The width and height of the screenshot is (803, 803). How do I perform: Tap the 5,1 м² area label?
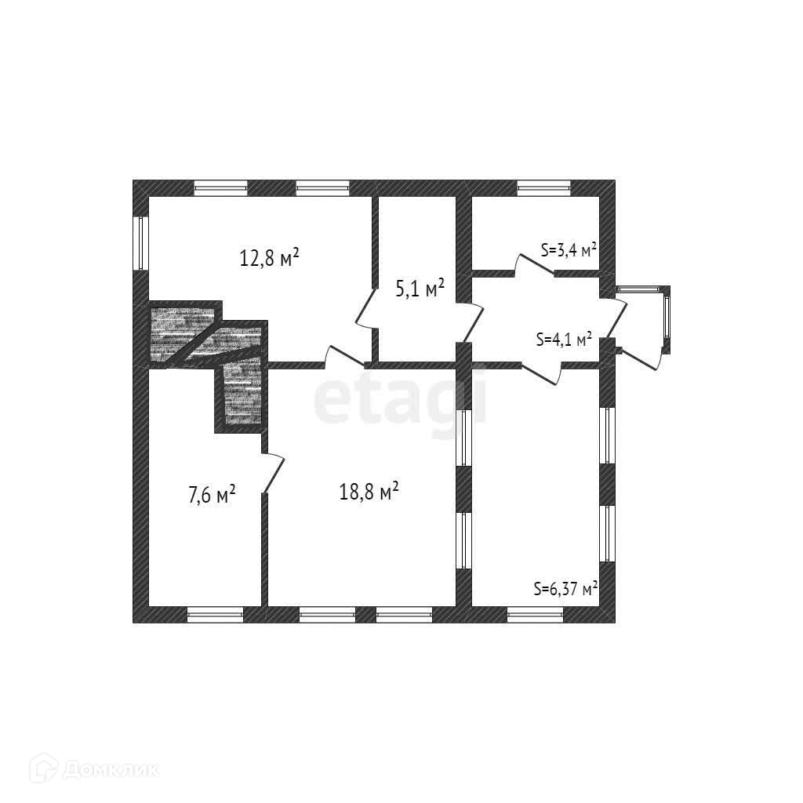coord(420,289)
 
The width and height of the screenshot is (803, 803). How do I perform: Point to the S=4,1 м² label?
coord(563,339)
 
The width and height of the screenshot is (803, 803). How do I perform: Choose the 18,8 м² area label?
coord(369,492)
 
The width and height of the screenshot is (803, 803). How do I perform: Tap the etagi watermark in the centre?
coord(400,400)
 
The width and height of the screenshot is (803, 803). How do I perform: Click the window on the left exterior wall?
coord(141,242)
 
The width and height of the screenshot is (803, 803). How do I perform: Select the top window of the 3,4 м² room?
coord(543,188)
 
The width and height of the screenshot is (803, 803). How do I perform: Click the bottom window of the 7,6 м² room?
coord(215,615)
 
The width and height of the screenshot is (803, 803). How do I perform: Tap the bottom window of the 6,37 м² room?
coord(535,615)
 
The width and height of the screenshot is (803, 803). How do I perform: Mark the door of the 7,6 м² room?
coord(273,474)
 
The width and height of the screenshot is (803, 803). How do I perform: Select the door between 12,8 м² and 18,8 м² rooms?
coord(344,357)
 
